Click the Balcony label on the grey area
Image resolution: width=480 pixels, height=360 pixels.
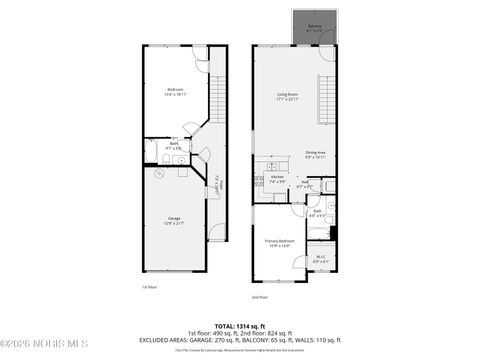(314, 27)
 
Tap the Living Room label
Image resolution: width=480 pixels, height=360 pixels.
(288, 97)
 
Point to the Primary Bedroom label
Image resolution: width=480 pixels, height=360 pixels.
(278, 242)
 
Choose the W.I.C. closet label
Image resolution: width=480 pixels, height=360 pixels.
(319, 259)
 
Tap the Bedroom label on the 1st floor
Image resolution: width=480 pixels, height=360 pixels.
(174, 92)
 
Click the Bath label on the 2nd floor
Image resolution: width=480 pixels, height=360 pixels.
(317, 212)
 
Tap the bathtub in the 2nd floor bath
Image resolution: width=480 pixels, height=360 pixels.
(317, 233)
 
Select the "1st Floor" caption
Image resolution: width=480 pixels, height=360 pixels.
(151, 287)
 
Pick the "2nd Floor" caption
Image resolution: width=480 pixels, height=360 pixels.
(260, 296)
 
